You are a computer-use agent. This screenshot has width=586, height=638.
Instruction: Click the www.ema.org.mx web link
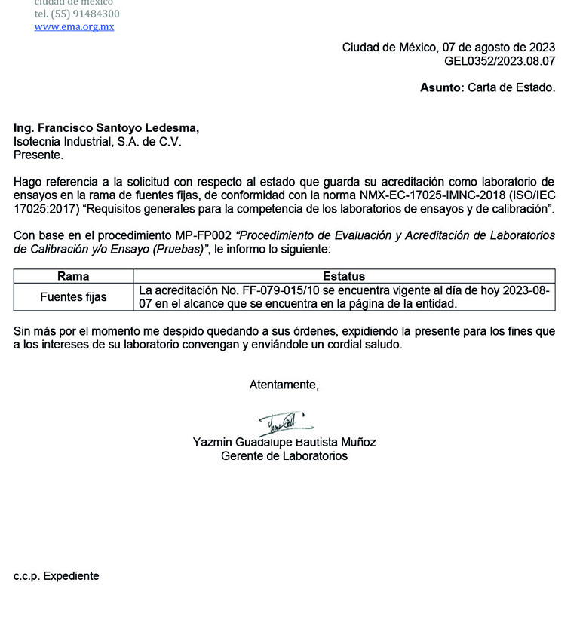(74, 26)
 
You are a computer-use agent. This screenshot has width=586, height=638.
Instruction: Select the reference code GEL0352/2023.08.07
(499, 61)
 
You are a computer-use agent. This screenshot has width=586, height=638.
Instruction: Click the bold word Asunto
(441, 87)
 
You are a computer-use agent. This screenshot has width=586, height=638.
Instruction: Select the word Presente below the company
(38, 155)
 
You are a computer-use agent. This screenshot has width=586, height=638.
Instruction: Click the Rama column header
(73, 276)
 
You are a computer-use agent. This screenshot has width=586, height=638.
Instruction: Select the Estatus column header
(344, 276)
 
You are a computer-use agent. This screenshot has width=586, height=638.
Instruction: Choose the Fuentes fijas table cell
(73, 297)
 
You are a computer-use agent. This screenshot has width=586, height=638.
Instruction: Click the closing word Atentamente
(284, 385)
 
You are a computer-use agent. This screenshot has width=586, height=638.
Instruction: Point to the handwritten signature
(284, 425)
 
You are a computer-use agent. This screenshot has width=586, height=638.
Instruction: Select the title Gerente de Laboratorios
(284, 456)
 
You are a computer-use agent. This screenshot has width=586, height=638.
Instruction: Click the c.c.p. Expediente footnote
(56, 576)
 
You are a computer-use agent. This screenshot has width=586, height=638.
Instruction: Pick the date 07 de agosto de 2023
(497, 48)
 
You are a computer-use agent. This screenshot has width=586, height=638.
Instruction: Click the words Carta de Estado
(511, 87)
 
